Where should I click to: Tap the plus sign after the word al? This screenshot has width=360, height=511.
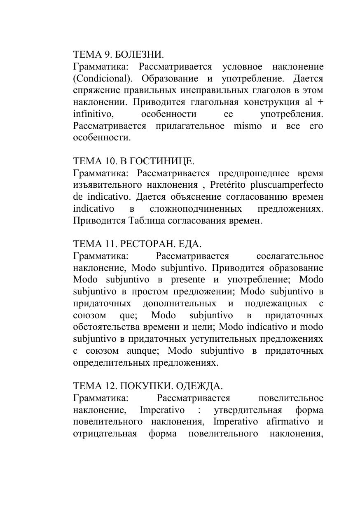pyautogui.click(x=319, y=102)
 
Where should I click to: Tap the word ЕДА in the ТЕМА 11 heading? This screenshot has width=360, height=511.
pyautogui.click(x=189, y=244)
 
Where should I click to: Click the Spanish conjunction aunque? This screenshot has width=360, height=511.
pyautogui.click(x=138, y=351)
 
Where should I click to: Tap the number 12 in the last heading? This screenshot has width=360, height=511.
pyautogui.click(x=111, y=386)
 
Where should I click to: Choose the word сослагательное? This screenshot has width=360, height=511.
pyautogui.click(x=290, y=256)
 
